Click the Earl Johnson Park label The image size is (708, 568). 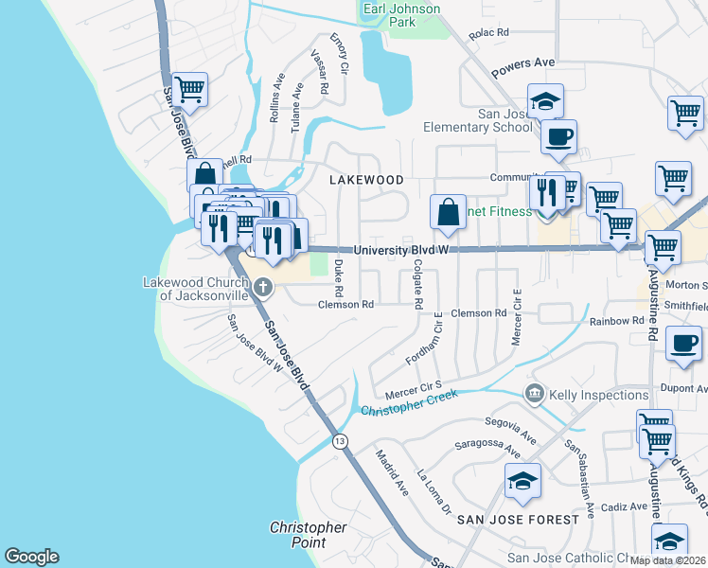tap(402, 15)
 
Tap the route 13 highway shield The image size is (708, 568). tap(340, 441)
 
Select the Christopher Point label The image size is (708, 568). tap(308, 535)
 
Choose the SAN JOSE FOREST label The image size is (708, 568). tap(518, 520)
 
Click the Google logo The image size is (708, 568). tap(31, 557)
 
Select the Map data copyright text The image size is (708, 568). tap(666, 559)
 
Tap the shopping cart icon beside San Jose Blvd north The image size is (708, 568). tap(190, 90)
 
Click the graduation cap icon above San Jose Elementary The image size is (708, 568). tap(545, 100)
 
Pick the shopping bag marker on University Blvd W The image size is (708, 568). tap(448, 212)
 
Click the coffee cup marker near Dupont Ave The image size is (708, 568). tap(683, 344)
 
